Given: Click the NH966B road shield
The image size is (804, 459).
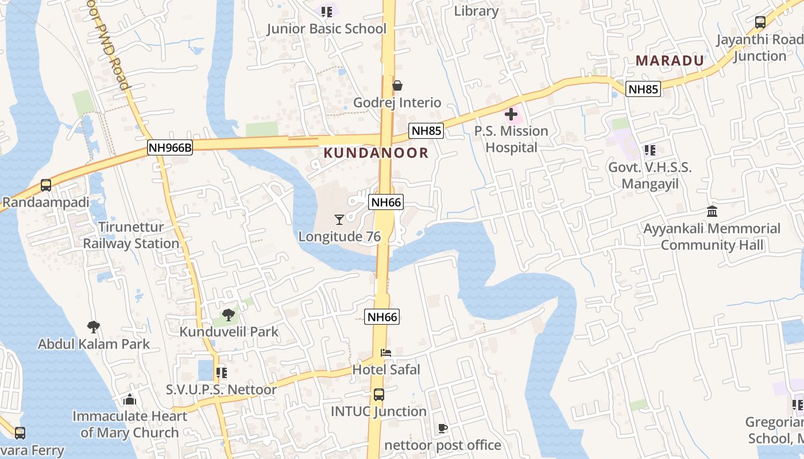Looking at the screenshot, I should (169, 147).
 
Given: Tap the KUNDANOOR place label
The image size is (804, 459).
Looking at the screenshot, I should (376, 153).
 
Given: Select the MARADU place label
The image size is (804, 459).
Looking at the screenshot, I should (670, 61).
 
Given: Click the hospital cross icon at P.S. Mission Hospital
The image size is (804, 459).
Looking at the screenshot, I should (511, 114).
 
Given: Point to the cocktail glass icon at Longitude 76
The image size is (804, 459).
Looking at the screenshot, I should (339, 219).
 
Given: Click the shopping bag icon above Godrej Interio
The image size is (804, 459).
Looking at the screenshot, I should (397, 86).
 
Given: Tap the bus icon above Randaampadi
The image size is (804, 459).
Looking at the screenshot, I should (46, 185).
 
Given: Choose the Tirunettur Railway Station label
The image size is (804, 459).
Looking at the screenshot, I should (132, 235).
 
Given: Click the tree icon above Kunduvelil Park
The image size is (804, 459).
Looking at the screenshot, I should (228, 314).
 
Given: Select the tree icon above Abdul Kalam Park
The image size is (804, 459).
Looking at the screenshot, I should (93, 327).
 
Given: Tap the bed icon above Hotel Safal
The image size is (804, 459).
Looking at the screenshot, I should (386, 352).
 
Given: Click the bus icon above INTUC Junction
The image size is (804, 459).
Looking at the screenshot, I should (379, 395).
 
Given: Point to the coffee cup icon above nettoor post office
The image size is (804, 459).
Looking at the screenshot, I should (442, 428).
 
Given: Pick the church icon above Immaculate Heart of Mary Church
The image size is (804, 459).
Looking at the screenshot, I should (130, 399).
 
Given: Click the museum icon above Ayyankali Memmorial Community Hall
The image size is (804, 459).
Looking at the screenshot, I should (712, 211).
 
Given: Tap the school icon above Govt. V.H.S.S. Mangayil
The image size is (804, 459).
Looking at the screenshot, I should (650, 150).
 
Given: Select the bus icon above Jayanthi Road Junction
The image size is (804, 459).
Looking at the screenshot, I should (760, 22).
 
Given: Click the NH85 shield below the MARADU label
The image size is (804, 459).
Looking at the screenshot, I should (643, 89).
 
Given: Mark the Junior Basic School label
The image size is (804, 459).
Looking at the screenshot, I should (327, 29).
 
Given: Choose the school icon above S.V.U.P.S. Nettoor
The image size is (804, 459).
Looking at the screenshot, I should (222, 373).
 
